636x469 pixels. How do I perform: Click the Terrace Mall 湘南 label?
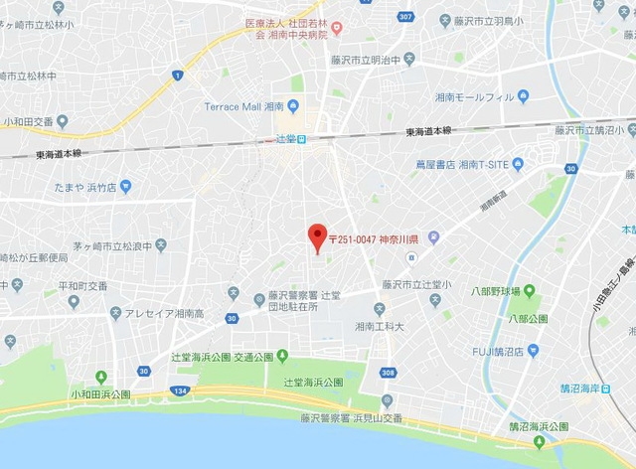pyautogui.click(x=243, y=106)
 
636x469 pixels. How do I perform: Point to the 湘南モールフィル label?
pyautogui.click(x=474, y=97)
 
